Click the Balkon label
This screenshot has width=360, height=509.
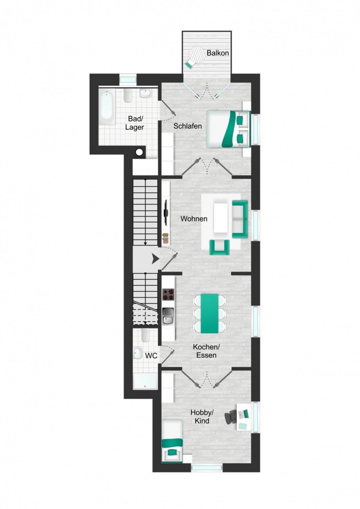(218, 53)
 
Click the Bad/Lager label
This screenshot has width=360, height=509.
(135, 123)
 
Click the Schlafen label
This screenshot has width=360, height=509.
(188, 126)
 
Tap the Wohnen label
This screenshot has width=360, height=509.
(194, 219)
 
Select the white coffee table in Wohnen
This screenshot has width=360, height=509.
(221, 218)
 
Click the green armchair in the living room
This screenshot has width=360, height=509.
(219, 247)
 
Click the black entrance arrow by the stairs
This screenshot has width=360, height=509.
(155, 258)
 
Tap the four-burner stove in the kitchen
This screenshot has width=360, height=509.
(169, 294)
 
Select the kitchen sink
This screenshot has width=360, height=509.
(168, 316)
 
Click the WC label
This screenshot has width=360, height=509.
(151, 356)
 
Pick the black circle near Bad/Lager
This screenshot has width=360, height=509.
(139, 153)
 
